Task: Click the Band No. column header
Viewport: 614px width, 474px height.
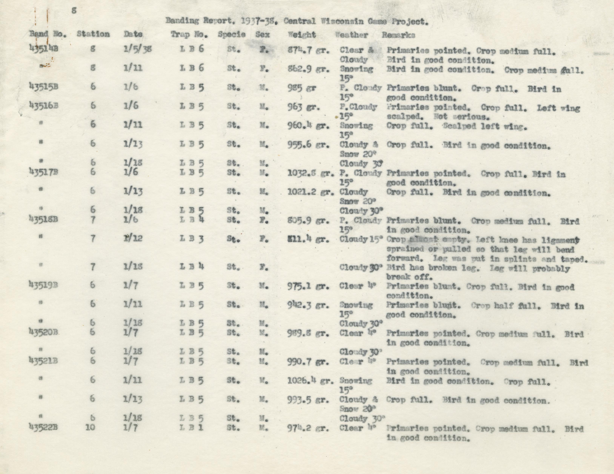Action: coord(48,34)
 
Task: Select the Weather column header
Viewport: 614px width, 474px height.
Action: coord(351,35)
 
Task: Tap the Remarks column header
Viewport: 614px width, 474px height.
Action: coord(398,35)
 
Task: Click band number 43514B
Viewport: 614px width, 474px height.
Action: coord(43,49)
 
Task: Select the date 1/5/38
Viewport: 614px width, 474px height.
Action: coord(138,49)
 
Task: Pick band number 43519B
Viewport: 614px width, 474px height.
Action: coord(43,286)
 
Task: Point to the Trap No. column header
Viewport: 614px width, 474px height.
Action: coord(189,35)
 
